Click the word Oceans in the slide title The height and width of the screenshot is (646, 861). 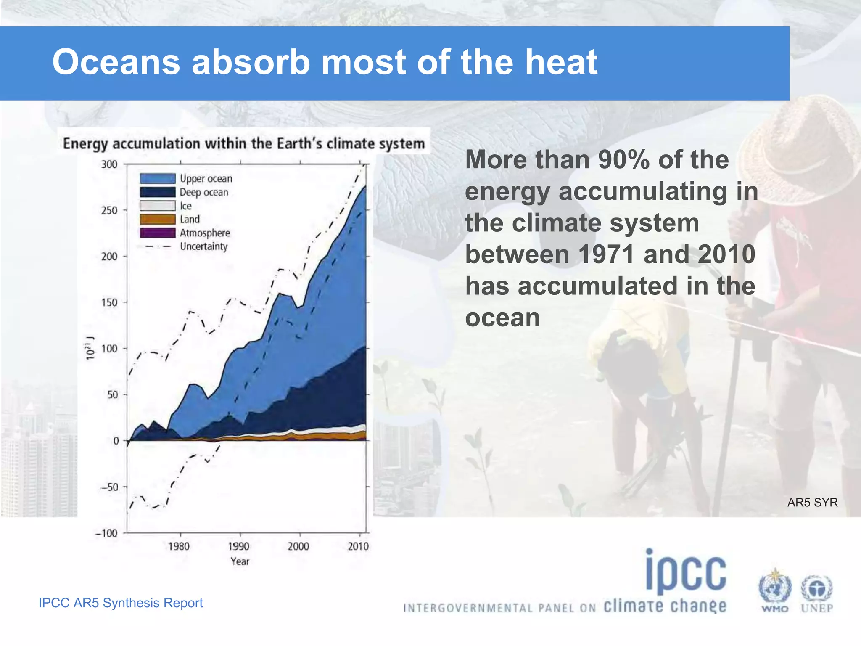click(x=116, y=62)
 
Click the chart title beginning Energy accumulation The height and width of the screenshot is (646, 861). click(x=244, y=143)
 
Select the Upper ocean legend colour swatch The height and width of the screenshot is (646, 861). click(x=157, y=179)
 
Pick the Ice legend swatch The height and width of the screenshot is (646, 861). click(x=157, y=206)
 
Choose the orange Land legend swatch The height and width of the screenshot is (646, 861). click(x=157, y=219)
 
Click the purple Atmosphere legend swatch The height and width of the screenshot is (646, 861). click(x=157, y=233)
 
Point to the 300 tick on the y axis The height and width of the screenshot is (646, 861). click(x=109, y=164)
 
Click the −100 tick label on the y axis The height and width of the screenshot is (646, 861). click(x=106, y=533)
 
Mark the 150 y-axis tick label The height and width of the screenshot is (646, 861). click(x=109, y=302)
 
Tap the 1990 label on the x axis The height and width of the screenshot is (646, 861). click(x=239, y=546)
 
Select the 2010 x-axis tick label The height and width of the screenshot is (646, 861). click(x=358, y=546)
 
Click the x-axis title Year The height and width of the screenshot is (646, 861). click(x=240, y=561)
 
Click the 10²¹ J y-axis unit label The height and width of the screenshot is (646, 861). click(x=90, y=348)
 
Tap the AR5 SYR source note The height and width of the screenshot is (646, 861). click(x=812, y=502)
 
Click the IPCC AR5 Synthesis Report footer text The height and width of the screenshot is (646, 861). click(x=121, y=603)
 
